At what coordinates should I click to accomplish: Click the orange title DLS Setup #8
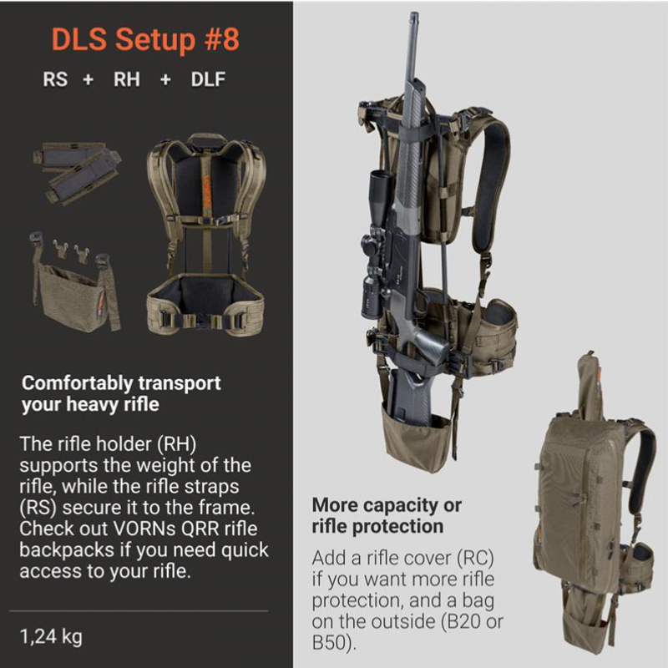(145, 39)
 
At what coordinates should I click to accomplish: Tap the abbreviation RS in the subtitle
(55, 79)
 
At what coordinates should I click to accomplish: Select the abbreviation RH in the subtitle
(127, 79)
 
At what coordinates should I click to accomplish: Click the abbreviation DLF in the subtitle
(208, 79)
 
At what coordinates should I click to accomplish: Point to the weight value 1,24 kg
(51, 636)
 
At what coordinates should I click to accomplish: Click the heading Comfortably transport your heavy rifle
(121, 393)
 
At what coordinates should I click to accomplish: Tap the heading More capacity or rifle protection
(387, 515)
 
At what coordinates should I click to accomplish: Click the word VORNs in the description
(144, 529)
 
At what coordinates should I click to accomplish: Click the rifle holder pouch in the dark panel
(75, 283)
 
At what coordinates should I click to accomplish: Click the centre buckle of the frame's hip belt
(203, 321)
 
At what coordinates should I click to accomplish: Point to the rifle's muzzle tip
(414, 15)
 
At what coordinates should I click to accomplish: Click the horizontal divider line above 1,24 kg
(139, 610)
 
